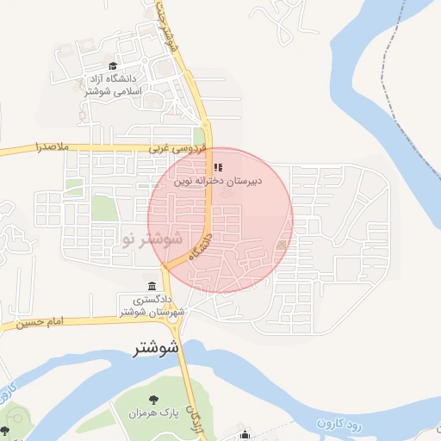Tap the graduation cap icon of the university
pyautogui.click(x=112, y=66)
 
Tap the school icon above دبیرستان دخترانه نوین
pyautogui.click(x=216, y=167)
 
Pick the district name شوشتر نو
pyautogui.click(x=152, y=238)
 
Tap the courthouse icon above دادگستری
pyautogui.click(x=152, y=286)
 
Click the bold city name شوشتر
pyautogui.click(x=157, y=349)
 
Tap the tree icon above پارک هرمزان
pyautogui.click(x=154, y=399)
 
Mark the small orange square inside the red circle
pyautogui.click(x=282, y=247)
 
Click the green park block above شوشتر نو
pyautogui.click(x=103, y=208)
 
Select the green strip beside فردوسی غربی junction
pyautogui.click(x=200, y=138)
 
